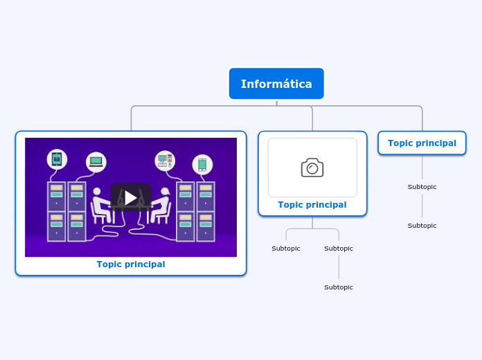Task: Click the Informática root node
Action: [276, 84]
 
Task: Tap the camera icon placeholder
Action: [312, 168]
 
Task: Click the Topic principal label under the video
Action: [131, 264]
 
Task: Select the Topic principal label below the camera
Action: [312, 205]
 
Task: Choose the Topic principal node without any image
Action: [422, 143]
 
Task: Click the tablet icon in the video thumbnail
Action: [57, 159]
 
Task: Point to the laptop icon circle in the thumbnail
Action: [96, 162]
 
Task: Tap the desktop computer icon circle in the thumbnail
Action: [165, 161]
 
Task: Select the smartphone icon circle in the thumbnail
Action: [202, 164]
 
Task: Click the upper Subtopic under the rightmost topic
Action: [422, 187]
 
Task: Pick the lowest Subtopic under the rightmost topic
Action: [422, 226]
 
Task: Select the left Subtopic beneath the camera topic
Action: [286, 249]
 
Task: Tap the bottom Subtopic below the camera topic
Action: [339, 287]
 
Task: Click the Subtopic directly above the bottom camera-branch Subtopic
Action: [339, 249]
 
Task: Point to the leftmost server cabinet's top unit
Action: [57, 197]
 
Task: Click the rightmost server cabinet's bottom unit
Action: [206, 226]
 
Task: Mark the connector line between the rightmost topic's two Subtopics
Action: [422, 206]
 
